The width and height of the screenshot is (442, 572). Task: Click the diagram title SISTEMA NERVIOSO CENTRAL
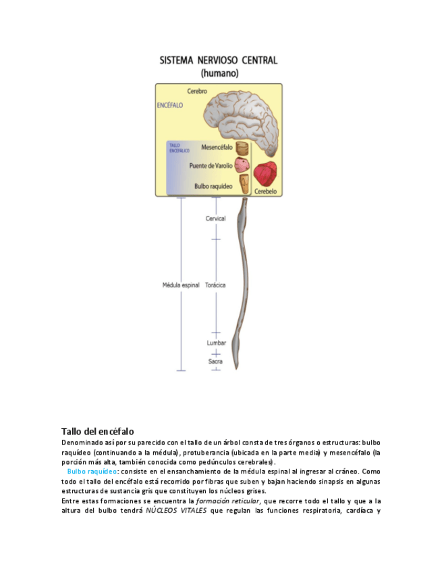point(218,60)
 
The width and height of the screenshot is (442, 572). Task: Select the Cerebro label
point(197,91)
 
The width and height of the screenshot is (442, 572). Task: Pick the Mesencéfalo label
point(217,147)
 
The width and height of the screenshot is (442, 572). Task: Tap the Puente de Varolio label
point(211,165)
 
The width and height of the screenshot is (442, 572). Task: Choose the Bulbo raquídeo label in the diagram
point(213,185)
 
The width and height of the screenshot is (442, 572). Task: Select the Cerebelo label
point(267,192)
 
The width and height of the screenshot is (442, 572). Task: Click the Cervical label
point(216,219)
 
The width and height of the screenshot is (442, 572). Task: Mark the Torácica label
point(215,285)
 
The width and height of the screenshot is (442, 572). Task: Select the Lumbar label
point(216,343)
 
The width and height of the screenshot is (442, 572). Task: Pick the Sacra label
point(215,362)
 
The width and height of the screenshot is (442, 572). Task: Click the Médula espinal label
point(181,285)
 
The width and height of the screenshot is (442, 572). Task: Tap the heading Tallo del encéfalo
point(97,430)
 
